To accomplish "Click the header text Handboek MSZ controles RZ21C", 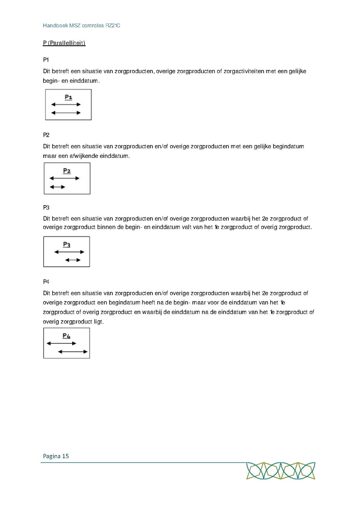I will (82, 26).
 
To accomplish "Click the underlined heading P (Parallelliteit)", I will (64, 43).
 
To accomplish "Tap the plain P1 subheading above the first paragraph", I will (46, 60).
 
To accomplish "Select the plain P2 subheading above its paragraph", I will (46, 135).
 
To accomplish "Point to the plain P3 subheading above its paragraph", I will (46, 207).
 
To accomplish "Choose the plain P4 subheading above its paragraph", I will (46, 282).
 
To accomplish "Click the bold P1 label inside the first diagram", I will (68, 97).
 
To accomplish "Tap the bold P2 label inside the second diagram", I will (67, 171).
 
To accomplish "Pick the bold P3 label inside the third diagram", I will (67, 244).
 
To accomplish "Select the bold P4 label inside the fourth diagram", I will (67, 336).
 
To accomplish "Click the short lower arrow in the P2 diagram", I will (57, 187).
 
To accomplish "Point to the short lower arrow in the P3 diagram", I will (73, 260).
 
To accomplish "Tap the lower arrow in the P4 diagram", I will (73, 352).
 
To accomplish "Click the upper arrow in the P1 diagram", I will (66, 105).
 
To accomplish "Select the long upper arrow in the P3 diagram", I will (69, 252).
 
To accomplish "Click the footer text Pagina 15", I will (56, 456).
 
